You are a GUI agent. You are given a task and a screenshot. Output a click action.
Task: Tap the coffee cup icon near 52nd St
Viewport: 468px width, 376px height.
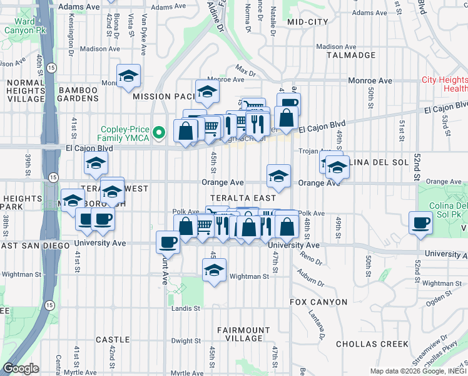point(420,222)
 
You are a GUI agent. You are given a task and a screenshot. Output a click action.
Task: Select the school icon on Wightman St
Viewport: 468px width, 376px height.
point(214,270)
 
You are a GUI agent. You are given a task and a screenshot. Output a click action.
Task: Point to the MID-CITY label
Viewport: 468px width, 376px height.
point(308,22)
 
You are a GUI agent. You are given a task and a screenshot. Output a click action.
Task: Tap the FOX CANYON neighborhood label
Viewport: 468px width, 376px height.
point(318,302)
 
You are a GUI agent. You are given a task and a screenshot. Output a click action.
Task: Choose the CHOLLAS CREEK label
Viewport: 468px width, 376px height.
point(372,344)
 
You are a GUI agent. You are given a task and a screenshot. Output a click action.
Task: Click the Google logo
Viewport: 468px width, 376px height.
point(21,368)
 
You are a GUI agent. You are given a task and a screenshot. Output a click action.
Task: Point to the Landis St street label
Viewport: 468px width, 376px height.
point(186,308)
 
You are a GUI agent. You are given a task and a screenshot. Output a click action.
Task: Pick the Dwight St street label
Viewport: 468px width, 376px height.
point(186,341)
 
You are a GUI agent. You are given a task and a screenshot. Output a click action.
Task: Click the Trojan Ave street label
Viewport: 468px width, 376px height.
point(309,151)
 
